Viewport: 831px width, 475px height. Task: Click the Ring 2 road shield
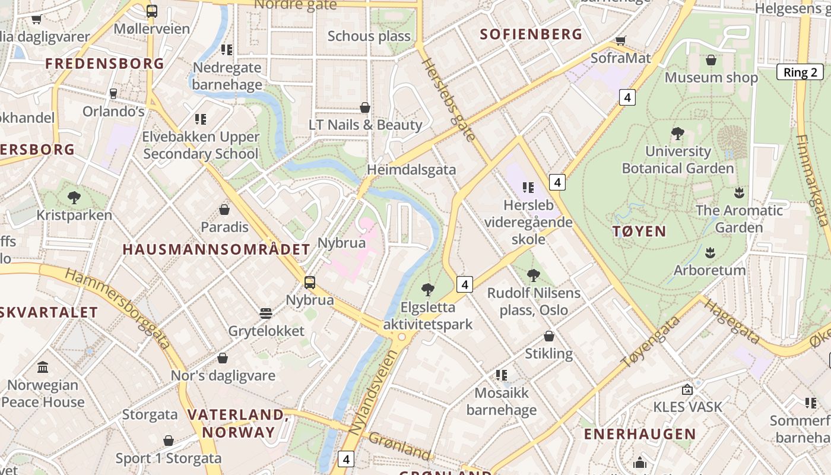pos(800,72)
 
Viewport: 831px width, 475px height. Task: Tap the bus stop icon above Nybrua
pos(309,283)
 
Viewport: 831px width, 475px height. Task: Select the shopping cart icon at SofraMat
pos(620,41)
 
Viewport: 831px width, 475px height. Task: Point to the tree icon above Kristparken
pos(74,197)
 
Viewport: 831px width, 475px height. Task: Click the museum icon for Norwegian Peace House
pos(43,368)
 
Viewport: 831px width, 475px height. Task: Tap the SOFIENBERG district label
pos(531,34)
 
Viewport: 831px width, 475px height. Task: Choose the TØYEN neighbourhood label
pos(640,232)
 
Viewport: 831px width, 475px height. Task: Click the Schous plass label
pos(369,36)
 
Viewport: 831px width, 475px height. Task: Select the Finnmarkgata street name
pos(811,180)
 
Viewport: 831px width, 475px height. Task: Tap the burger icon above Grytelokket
pos(265,313)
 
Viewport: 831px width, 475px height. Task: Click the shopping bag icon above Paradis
pos(224,210)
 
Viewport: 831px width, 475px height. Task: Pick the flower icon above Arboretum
pos(709,253)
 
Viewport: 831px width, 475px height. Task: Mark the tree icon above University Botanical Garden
pos(677,134)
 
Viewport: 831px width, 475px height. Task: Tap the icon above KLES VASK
pos(687,389)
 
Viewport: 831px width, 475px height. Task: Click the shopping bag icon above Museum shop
pos(711,60)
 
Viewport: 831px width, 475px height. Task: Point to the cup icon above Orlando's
pos(113,94)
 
